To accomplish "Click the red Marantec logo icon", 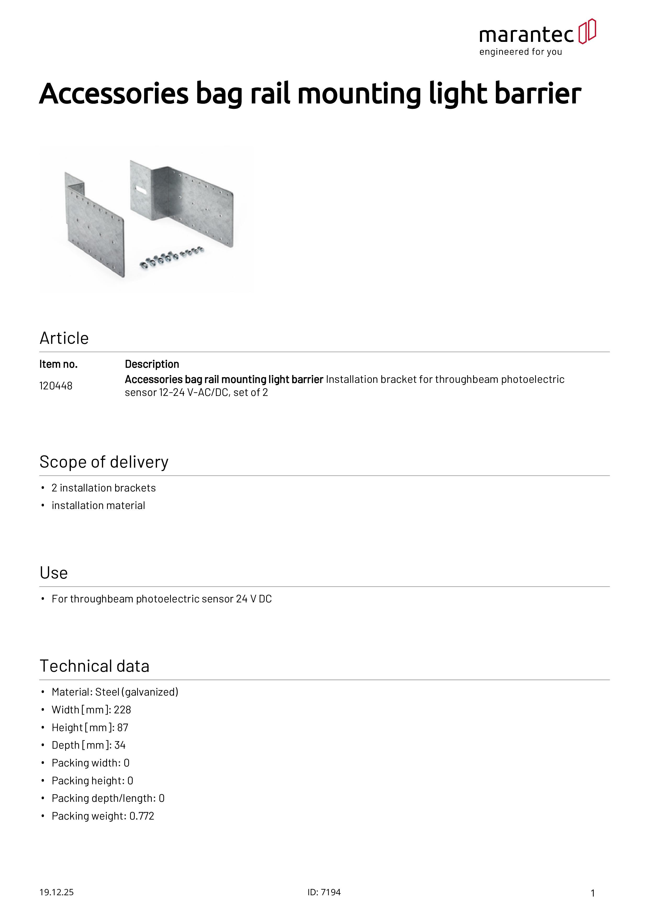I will click(x=587, y=31).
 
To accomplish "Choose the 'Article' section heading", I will click(x=64, y=338).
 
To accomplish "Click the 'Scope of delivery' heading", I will click(x=104, y=462).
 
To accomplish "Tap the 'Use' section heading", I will click(x=54, y=573).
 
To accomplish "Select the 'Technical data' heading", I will click(x=94, y=666).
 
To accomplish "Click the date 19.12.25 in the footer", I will click(x=56, y=892).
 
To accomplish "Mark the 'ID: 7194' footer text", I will click(x=324, y=892).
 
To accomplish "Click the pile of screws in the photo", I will click(x=172, y=257).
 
